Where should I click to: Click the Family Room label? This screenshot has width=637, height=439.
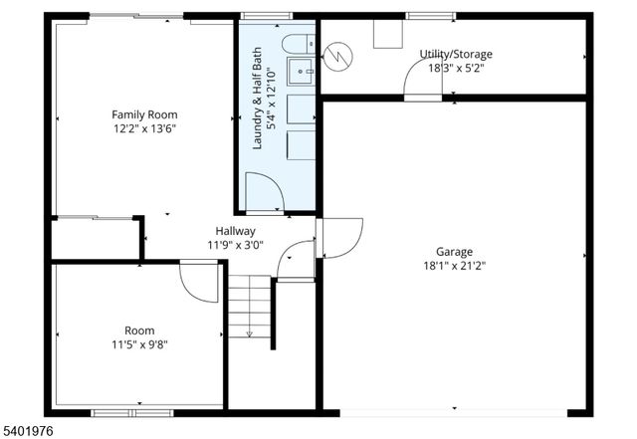tap(144, 113)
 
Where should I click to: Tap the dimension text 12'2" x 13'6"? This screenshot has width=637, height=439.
tap(144, 127)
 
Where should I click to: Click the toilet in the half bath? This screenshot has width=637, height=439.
tap(296, 43)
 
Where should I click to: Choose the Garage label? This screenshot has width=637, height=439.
tap(454, 251)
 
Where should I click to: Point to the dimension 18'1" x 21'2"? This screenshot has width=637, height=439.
tap(454, 266)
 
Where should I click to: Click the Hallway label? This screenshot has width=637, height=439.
tap(236, 231)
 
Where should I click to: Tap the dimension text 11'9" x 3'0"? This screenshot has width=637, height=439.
tap(236, 245)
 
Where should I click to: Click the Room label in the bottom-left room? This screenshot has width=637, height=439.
tap(139, 330)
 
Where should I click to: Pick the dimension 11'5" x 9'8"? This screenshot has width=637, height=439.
tap(139, 344)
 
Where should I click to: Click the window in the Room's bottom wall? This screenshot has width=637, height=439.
tap(131, 411)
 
